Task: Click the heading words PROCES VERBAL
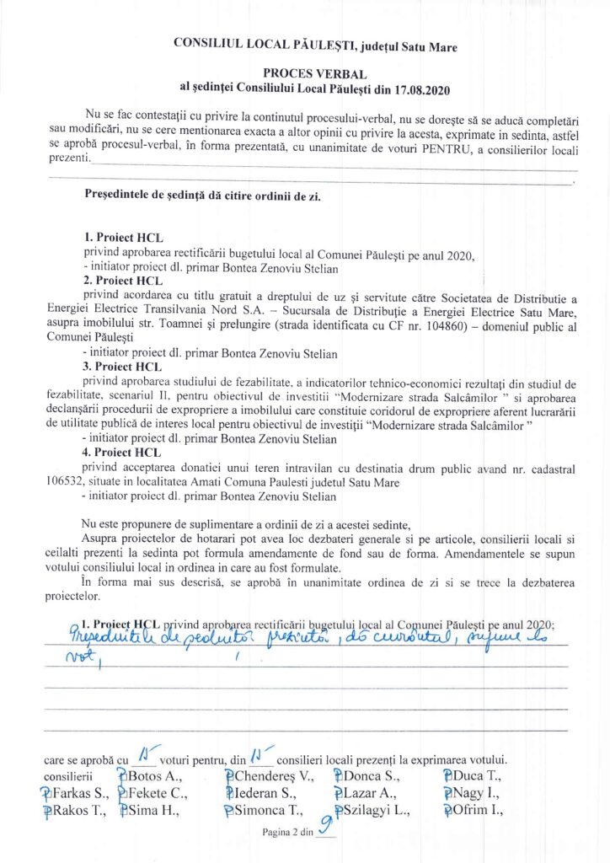tap(304, 72)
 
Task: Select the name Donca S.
tap(372, 775)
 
